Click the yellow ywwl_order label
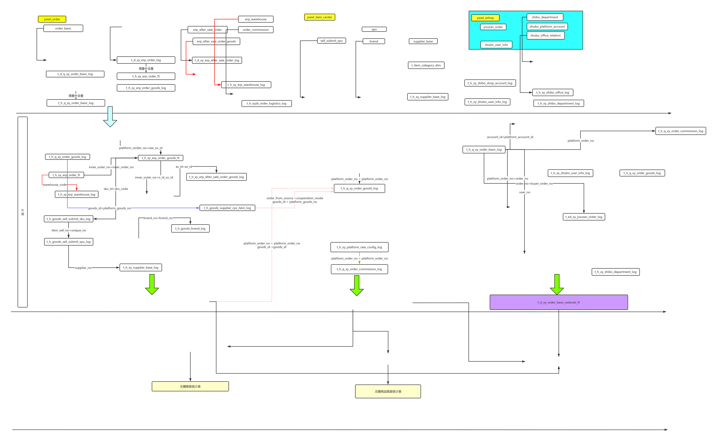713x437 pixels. (52, 19)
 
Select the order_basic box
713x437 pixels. (63, 28)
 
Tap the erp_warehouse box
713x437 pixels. (255, 19)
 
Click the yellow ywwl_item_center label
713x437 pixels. (319, 17)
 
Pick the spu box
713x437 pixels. (374, 29)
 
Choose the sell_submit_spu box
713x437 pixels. (331, 41)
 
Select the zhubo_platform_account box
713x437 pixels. (547, 27)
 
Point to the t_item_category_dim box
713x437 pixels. (426, 65)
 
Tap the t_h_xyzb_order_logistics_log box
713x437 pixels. (266, 103)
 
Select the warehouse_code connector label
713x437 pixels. (55, 185)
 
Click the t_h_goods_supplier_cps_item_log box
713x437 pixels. (227, 208)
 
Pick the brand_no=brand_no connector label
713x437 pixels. (158, 218)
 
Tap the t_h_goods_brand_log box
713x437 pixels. (190, 229)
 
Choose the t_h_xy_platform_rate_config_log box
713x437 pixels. (359, 247)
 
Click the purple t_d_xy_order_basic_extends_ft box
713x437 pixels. (559, 303)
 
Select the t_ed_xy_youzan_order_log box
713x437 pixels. (584, 217)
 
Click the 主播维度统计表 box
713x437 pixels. (190, 386)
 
